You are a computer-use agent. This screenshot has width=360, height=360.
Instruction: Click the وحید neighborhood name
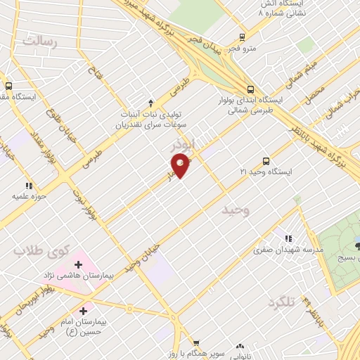click(234, 210)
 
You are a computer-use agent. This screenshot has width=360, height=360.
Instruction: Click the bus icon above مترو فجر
click(242, 37)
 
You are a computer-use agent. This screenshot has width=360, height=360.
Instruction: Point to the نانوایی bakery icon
click(241, 347)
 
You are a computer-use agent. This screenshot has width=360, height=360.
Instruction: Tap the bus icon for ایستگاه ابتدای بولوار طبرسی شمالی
click(251, 89)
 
